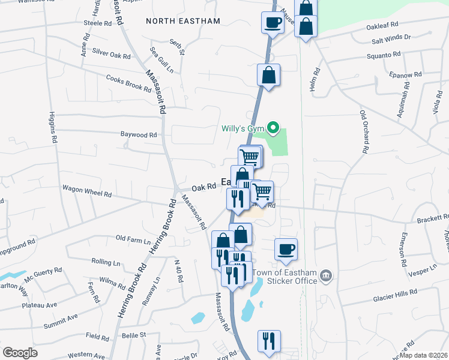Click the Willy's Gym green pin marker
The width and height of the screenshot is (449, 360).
click(x=273, y=127)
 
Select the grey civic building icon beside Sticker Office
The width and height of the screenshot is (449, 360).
click(x=326, y=275)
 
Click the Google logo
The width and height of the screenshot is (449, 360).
click(x=20, y=353)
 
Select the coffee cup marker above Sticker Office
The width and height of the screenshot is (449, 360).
click(x=286, y=249)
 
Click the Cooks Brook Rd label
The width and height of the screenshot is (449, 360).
click(x=128, y=83)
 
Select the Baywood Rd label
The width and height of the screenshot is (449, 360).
click(x=138, y=135)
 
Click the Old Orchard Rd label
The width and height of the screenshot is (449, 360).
click(x=363, y=130)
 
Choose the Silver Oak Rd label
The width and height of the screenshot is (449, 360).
click(x=111, y=54)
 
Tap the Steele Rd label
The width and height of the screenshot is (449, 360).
click(x=98, y=23)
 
